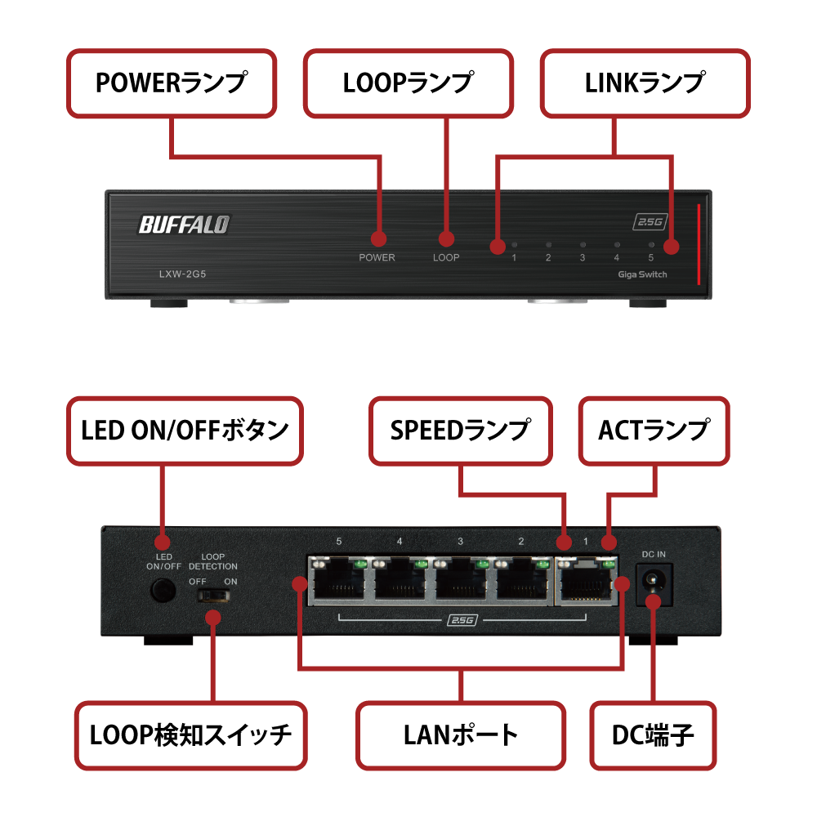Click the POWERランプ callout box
click(171, 83)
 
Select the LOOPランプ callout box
click(408, 83)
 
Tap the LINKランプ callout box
click(645, 83)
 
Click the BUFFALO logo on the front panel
click(184, 224)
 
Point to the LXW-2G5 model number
click(182, 275)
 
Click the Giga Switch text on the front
click(642, 275)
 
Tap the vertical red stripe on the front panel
click(699, 245)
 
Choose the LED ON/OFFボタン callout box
click(185, 431)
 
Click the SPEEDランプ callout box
click(461, 431)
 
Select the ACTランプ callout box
click(654, 431)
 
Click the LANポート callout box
click(461, 734)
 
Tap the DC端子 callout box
click(653, 734)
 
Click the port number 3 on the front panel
click(583, 258)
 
